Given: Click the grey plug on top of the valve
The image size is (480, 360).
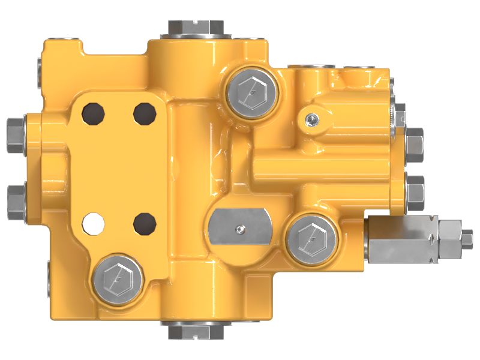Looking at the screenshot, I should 196,27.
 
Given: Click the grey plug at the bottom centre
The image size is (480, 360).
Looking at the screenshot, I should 196,331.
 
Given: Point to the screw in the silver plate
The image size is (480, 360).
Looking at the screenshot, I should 240,228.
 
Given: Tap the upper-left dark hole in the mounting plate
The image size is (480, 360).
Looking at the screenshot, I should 94,112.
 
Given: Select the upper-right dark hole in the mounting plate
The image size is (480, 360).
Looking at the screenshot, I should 145,112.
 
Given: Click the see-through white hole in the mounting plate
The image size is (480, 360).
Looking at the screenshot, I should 92,223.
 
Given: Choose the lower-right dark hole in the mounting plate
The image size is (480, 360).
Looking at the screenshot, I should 144,223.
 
